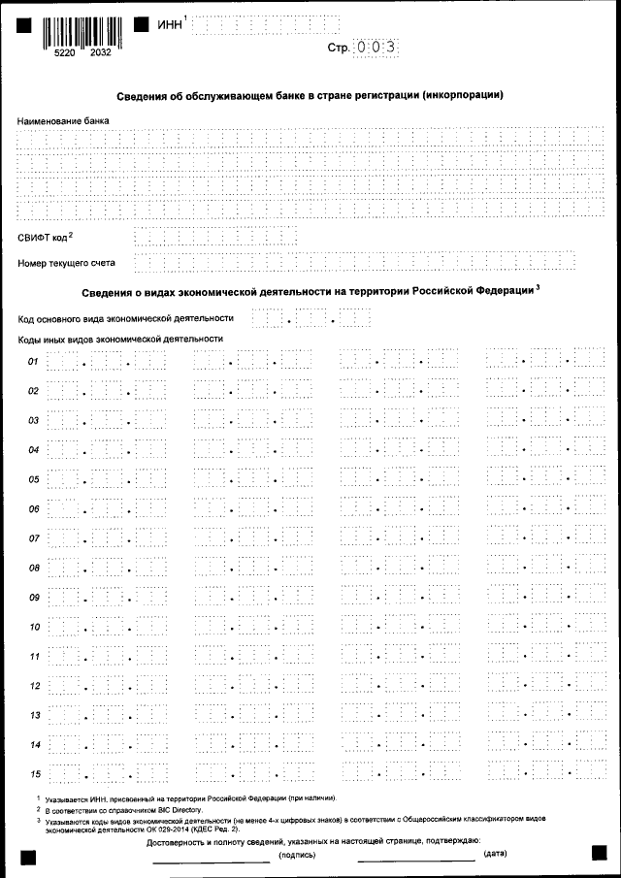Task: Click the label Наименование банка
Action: (x=64, y=120)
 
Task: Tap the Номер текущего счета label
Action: (x=67, y=262)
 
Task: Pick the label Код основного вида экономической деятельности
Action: (x=126, y=317)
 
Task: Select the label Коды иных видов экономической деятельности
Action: (x=120, y=339)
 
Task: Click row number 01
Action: (x=33, y=362)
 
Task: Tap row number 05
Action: (x=33, y=479)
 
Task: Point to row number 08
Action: (x=33, y=568)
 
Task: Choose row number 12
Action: (x=33, y=686)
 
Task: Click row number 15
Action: (x=33, y=773)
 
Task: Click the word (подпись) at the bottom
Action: (x=296, y=855)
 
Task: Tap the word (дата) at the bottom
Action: (x=495, y=854)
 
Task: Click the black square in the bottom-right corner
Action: (x=599, y=852)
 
